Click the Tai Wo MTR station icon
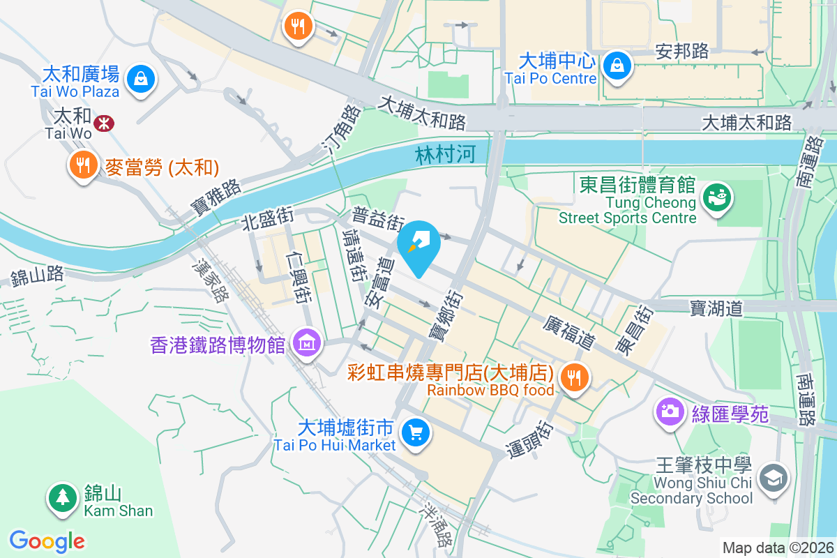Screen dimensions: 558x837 (104, 123)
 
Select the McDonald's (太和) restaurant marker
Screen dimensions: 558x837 (83, 165)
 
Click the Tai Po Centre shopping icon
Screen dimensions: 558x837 (617, 65)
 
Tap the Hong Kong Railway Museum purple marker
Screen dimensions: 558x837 (306, 343)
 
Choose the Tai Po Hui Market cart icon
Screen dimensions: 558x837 (416, 433)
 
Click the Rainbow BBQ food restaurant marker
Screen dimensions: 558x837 (574, 378)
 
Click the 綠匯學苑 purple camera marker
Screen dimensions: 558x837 (670, 410)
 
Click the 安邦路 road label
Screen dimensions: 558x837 (681, 51)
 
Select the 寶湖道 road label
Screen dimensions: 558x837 (716, 307)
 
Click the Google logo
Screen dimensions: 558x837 (47, 541)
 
